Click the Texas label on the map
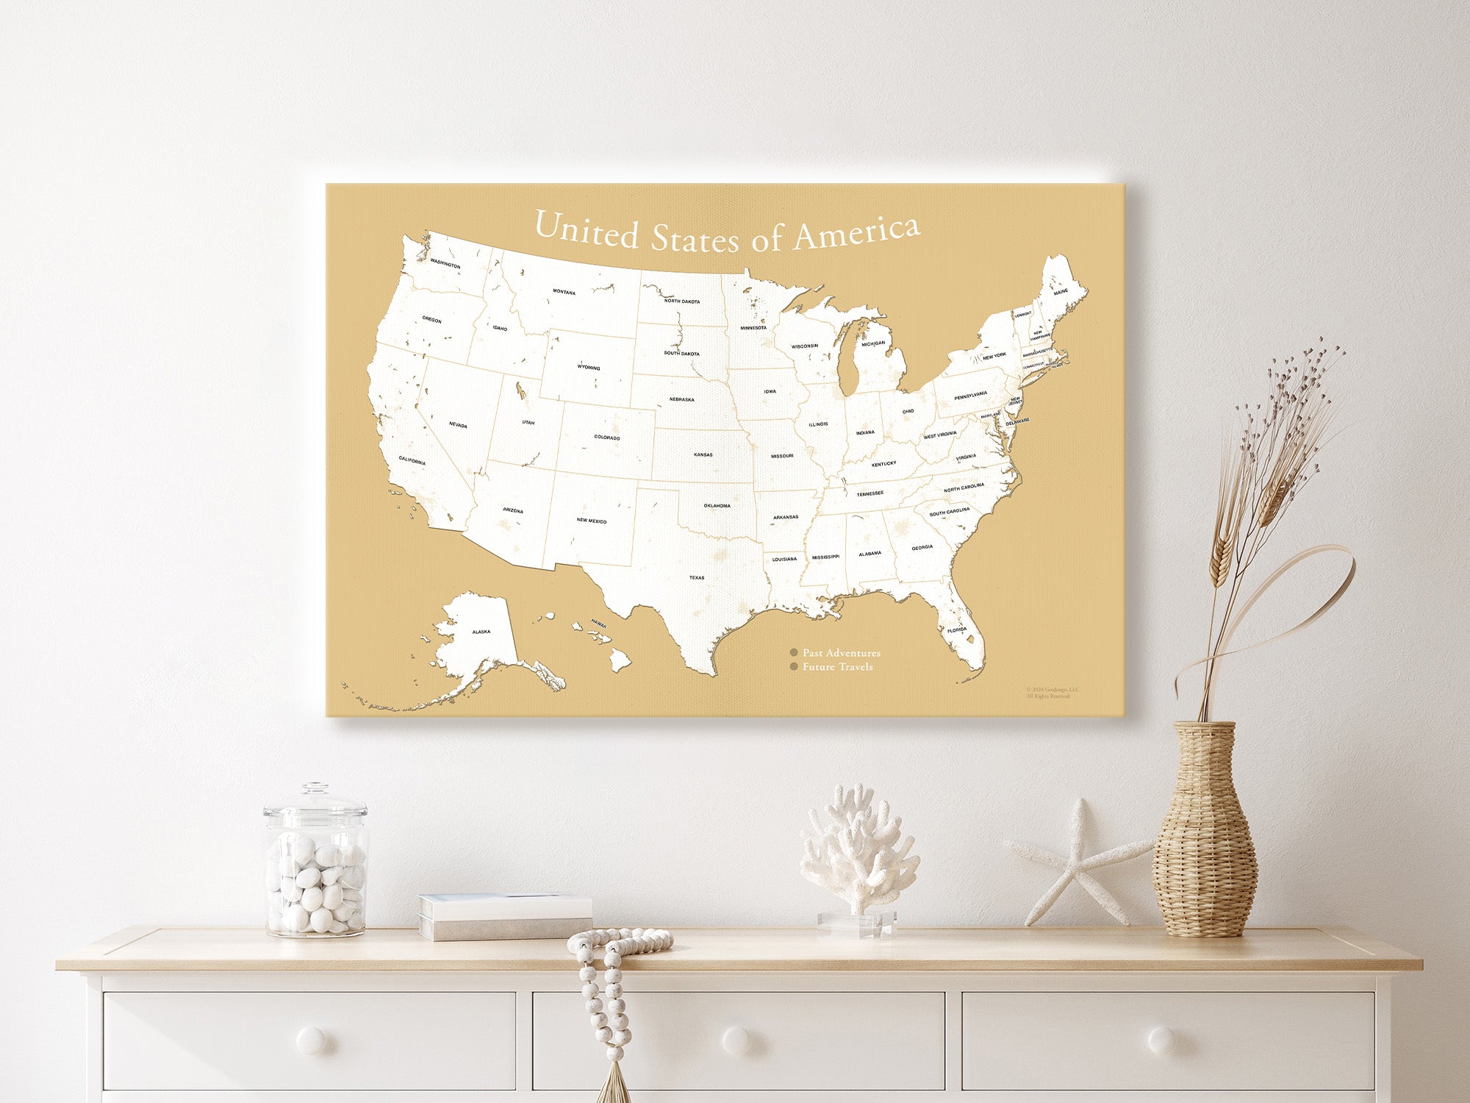(696, 577)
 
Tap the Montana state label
(564, 292)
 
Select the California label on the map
(412, 461)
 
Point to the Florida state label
(957, 630)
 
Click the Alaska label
(481, 632)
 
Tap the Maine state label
(1061, 292)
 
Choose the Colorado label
(607, 438)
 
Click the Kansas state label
(703, 454)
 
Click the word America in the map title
(856, 233)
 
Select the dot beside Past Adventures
(794, 653)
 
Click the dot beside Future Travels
(794, 667)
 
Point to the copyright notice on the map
(1052, 693)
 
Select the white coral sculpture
(858, 853)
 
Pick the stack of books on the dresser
(505, 917)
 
